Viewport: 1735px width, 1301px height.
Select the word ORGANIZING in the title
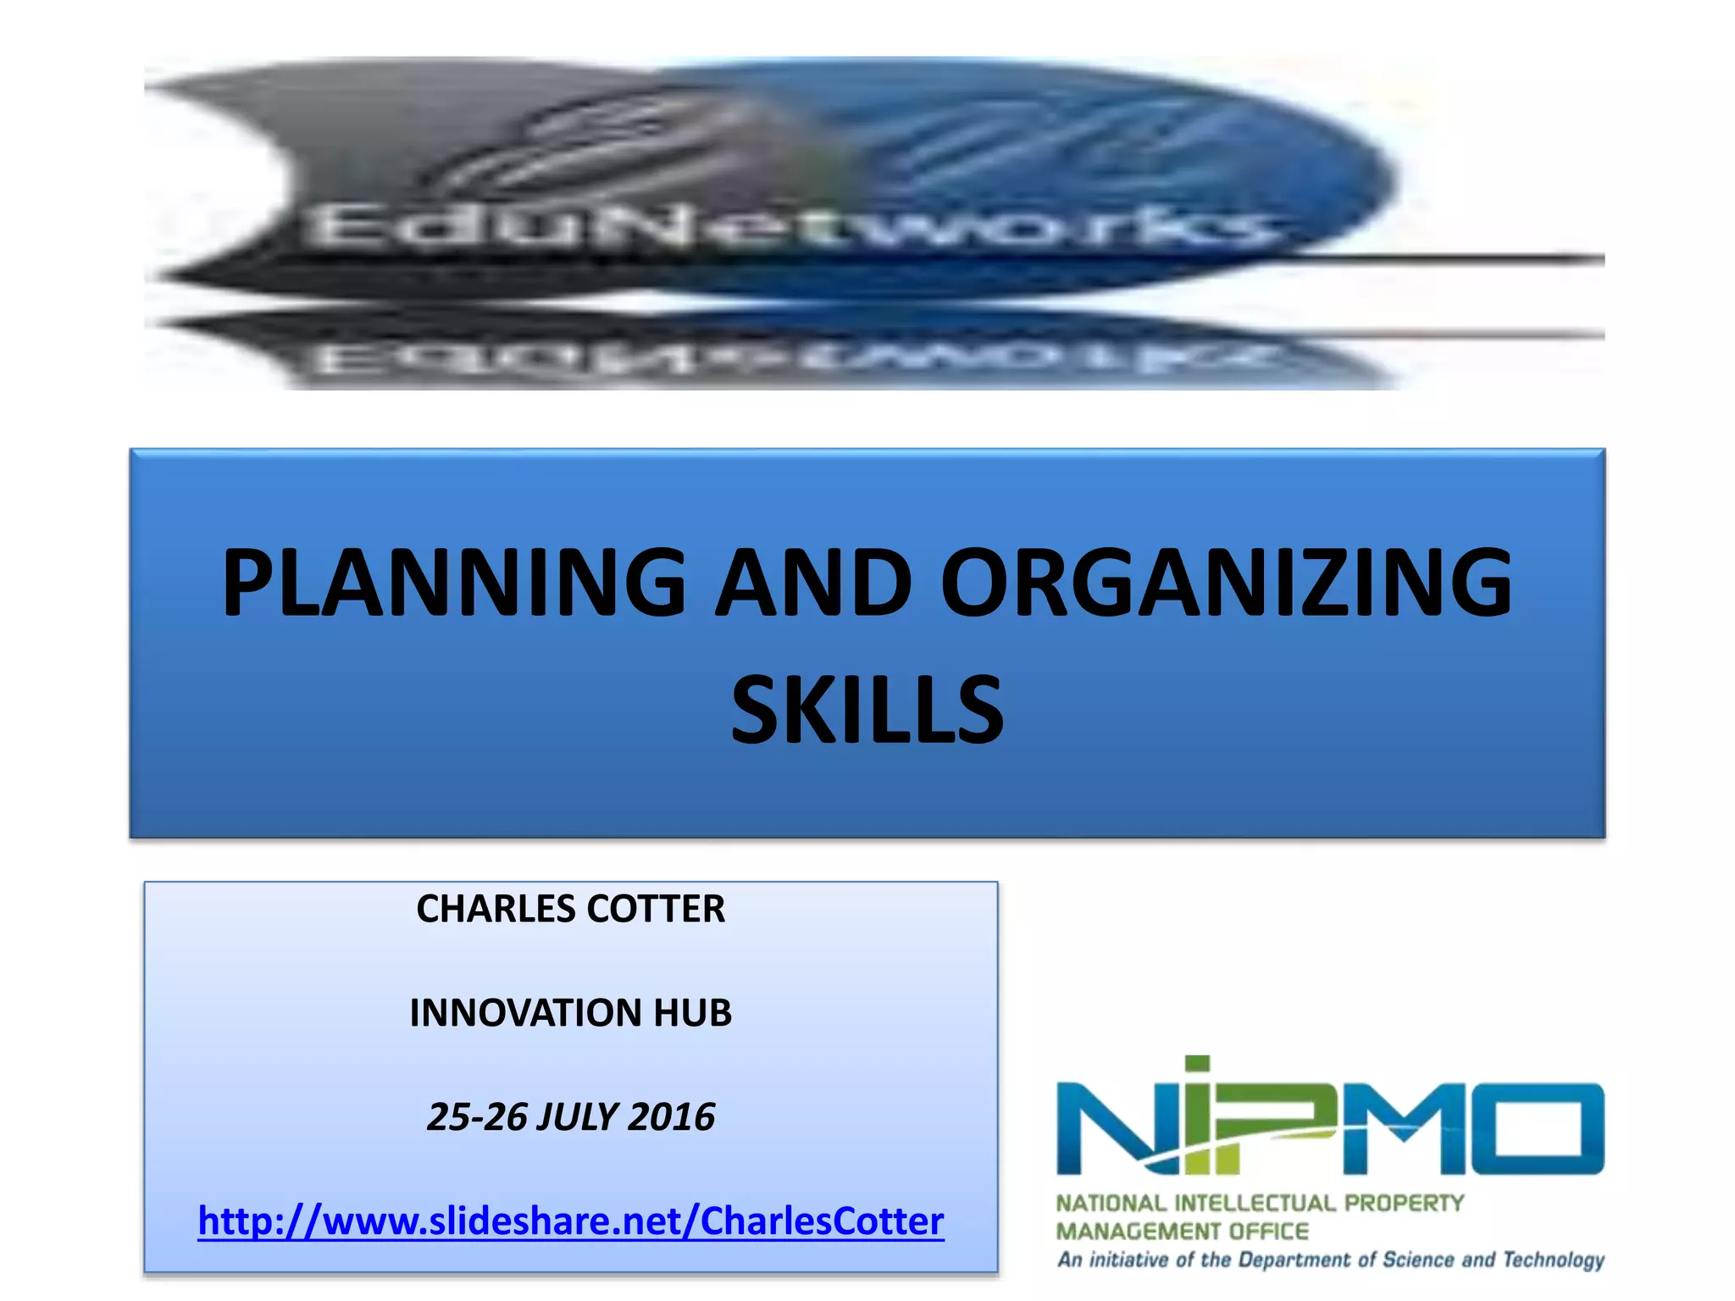[x=1226, y=583]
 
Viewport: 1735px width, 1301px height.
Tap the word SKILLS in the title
[x=867, y=710]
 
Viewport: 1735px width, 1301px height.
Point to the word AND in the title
[x=812, y=583]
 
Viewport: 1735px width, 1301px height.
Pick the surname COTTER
[x=657, y=909]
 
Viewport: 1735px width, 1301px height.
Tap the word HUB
[x=692, y=1013]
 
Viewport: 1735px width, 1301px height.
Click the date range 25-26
[x=476, y=1117]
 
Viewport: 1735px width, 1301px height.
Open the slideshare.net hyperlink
[x=570, y=1221]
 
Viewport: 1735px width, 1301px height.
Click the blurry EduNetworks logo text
[x=788, y=227]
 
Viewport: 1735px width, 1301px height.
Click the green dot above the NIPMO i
[x=1197, y=1066]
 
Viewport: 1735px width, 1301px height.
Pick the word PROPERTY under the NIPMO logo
[x=1404, y=1203]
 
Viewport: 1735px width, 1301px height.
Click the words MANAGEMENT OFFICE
[x=1182, y=1231]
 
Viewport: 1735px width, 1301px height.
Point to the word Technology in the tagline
[x=1554, y=1260]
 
